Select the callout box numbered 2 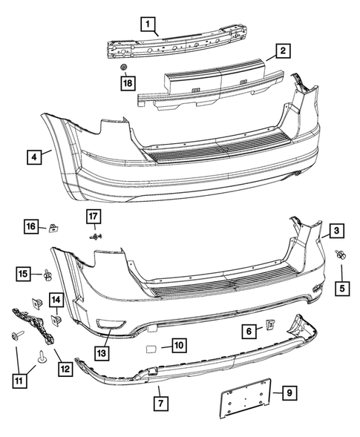[x=281, y=51]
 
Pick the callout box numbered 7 [x=159, y=403]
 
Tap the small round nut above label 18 [x=125, y=68]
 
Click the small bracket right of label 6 [x=270, y=325]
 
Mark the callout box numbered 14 [x=57, y=299]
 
